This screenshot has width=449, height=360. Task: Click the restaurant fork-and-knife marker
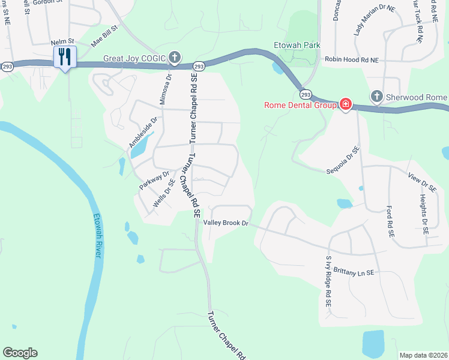64,57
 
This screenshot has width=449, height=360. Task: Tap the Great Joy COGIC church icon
174,58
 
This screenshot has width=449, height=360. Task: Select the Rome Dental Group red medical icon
346,105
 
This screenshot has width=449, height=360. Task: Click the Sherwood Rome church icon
376,97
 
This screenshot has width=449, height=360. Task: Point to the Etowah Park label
297,45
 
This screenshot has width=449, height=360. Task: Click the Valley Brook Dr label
226,223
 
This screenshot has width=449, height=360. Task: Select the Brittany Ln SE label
350,272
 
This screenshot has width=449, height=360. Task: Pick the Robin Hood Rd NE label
352,60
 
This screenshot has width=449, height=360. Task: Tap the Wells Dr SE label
164,193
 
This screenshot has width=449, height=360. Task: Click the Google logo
20,353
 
